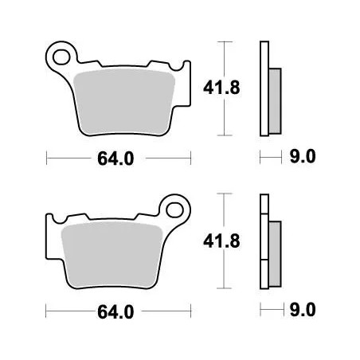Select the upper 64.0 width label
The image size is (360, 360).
pyautogui.click(x=116, y=158)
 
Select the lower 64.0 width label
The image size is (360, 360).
pyautogui.click(x=116, y=310)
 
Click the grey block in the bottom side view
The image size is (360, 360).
pyautogui.click(x=275, y=243)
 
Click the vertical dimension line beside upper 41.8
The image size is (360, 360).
pyautogui.click(x=226, y=88)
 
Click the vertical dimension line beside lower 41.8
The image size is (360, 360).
pyautogui.click(x=226, y=239)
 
